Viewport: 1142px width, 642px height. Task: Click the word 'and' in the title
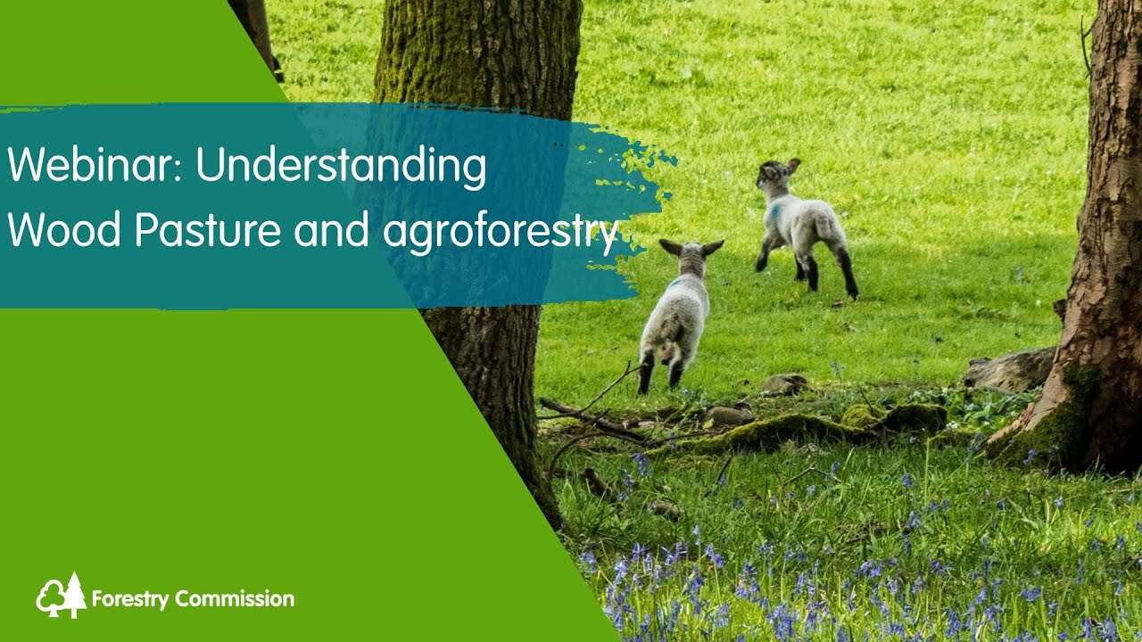[332, 230]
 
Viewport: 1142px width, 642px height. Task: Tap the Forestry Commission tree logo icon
[61, 596]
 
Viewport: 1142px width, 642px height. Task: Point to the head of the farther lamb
[774, 174]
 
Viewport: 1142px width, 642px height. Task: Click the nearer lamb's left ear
[670, 246]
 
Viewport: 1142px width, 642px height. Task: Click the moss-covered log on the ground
[803, 430]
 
